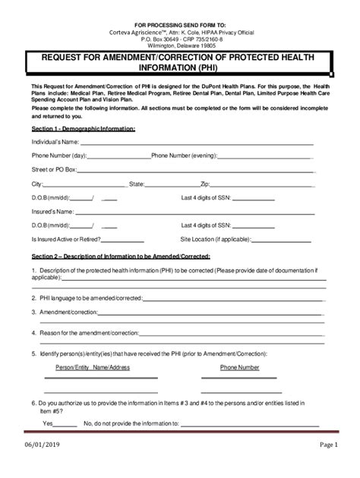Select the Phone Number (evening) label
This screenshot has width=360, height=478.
click(x=184, y=156)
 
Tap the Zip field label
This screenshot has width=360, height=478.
click(x=204, y=184)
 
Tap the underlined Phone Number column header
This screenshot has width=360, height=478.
click(x=239, y=366)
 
